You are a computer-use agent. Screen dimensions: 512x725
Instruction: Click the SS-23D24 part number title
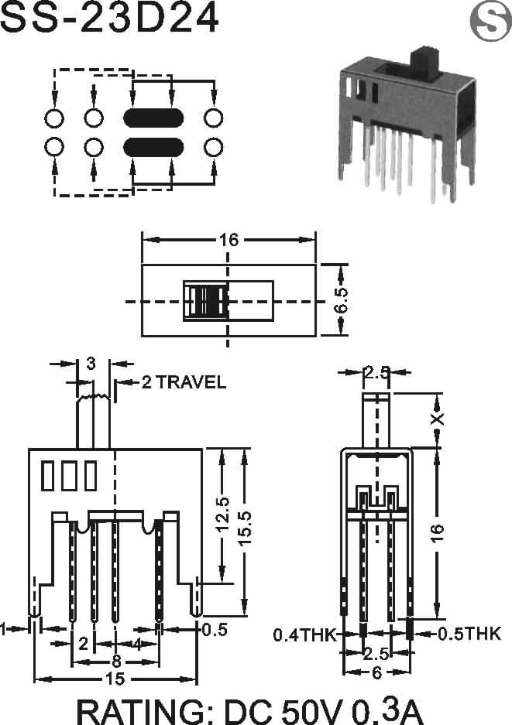[x=110, y=17]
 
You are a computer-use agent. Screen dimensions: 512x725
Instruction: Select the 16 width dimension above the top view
[x=229, y=240]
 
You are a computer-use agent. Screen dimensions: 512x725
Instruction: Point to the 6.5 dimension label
[x=341, y=299]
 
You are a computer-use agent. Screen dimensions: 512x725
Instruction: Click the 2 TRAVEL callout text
[x=184, y=382]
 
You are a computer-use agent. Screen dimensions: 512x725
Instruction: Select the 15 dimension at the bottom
[x=115, y=679]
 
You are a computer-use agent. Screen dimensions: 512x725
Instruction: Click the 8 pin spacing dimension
[x=116, y=662]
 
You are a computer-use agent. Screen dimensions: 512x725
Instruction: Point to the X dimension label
[x=437, y=419]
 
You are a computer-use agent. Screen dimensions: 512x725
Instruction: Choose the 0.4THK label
[x=304, y=634]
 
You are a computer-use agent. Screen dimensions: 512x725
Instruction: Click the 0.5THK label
[x=469, y=634]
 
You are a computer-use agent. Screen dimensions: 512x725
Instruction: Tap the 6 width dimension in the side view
[x=376, y=672]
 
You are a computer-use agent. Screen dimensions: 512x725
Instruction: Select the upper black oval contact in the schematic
[x=153, y=118]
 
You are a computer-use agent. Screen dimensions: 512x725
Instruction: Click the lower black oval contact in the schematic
[x=153, y=147]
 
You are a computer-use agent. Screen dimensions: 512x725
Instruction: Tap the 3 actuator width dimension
[x=91, y=364]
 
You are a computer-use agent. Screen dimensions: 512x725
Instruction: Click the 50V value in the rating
[x=312, y=711]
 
